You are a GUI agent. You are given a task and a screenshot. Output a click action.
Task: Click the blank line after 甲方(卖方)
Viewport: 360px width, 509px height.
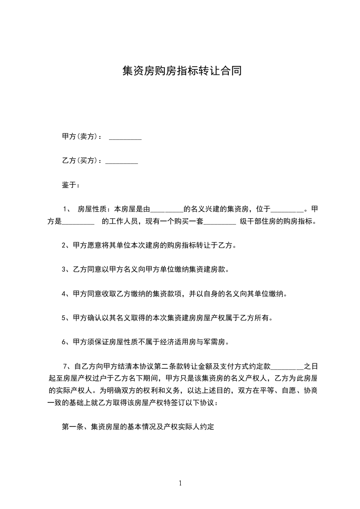pos(125,137)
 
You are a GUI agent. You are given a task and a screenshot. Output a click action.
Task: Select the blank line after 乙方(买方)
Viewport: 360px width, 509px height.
pos(122,161)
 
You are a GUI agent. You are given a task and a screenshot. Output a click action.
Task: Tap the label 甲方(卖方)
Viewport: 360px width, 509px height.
pos(78,137)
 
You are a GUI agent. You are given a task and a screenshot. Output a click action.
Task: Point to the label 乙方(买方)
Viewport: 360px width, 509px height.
pos(78,161)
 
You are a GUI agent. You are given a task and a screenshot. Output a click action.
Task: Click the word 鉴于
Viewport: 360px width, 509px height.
pos(69,185)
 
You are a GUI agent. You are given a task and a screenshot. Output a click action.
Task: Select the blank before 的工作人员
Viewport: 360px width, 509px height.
pos(77,222)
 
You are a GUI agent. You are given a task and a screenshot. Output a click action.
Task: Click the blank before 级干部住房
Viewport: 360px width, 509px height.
pos(220,222)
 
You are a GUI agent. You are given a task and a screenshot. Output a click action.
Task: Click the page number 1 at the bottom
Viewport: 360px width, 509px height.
pos(180,483)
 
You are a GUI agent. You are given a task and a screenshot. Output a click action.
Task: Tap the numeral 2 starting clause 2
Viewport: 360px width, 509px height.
pos(64,246)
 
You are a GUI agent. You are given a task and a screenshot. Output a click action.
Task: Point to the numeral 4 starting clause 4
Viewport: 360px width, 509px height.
pos(64,294)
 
